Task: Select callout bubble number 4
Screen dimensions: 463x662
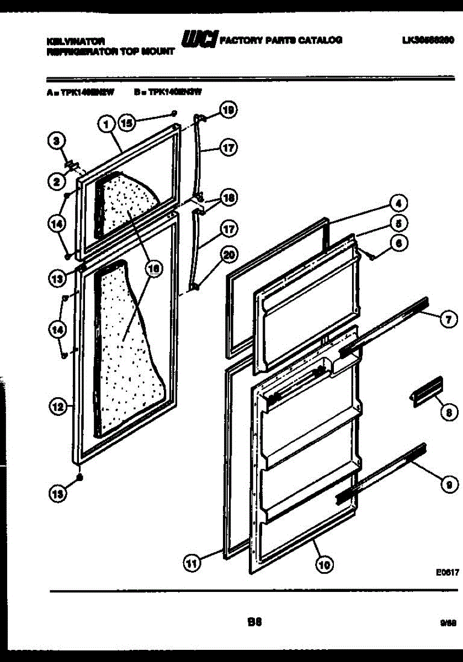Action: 399,203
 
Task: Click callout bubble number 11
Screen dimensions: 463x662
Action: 191,564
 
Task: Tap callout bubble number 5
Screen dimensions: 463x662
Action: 399,222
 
